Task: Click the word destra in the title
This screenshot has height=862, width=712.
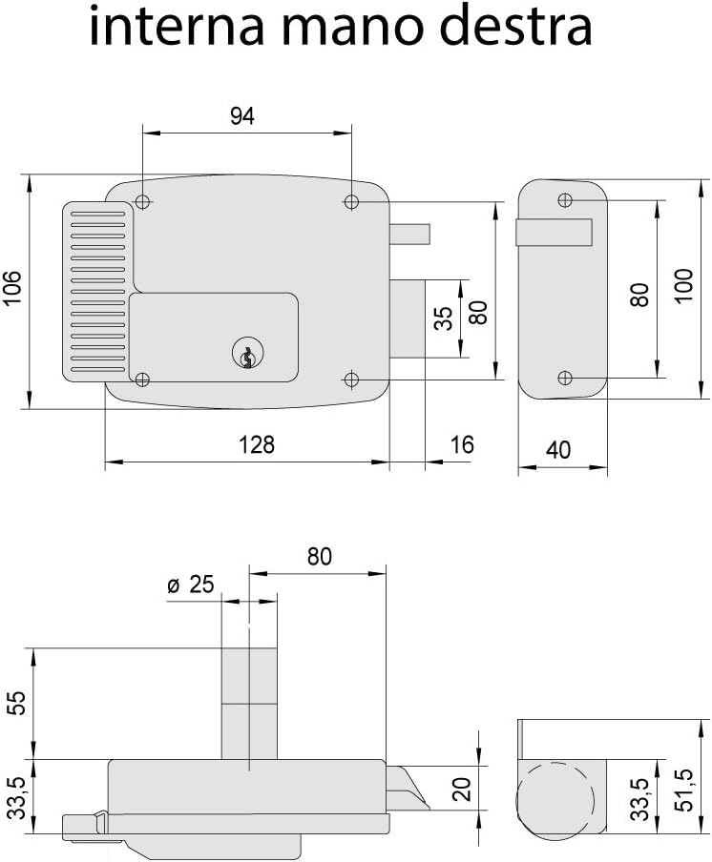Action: (516, 26)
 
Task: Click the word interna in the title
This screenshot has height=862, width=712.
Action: (176, 26)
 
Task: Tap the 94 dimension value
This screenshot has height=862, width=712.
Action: (242, 116)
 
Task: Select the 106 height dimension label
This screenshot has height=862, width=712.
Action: (12, 289)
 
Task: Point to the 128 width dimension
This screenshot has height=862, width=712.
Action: (257, 444)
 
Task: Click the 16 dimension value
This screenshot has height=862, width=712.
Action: (461, 444)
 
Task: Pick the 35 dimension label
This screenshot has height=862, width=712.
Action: (443, 318)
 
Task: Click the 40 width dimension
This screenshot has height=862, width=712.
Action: (558, 450)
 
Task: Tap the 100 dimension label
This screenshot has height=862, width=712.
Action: (683, 286)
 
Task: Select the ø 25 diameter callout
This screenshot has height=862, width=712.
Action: (190, 585)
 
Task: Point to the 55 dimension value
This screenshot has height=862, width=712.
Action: (19, 703)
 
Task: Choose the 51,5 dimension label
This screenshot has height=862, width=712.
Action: (683, 790)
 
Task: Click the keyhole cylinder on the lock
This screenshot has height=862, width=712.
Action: (248, 353)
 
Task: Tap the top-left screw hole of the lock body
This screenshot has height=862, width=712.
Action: (142, 202)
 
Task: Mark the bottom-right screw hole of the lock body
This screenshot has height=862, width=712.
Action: (351, 380)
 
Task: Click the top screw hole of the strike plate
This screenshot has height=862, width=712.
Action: (565, 200)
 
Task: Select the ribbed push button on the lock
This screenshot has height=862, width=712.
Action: (98, 291)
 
